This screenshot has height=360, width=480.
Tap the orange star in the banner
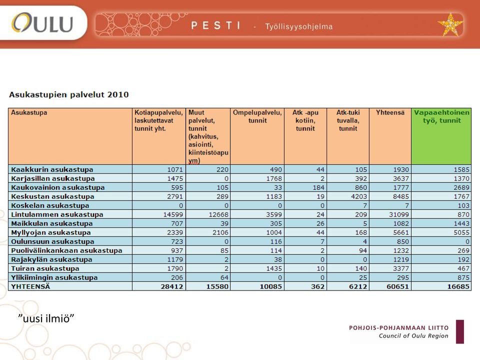450,24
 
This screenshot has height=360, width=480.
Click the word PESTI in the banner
216,25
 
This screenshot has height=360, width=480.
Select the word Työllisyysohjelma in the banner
299,26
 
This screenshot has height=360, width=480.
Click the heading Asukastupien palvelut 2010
69,94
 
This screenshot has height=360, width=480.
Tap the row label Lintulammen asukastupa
57,214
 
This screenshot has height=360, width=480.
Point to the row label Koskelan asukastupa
50,205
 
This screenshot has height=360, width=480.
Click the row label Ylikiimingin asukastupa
54,277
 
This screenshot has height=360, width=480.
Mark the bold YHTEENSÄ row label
30,286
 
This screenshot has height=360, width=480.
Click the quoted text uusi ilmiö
46,318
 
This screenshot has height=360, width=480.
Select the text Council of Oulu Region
413,336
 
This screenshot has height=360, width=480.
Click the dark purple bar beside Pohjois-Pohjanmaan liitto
460,332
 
